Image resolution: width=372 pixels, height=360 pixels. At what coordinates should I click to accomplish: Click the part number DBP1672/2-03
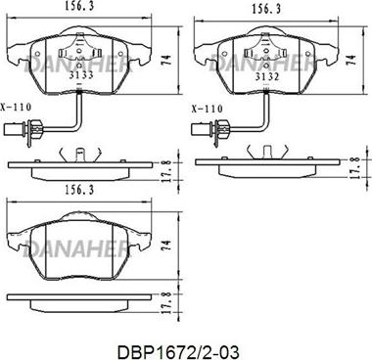[x=178, y=352]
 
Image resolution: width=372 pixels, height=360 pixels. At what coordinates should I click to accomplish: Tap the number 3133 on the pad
[x=81, y=75]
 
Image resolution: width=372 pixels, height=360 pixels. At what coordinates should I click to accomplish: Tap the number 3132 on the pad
[x=267, y=77]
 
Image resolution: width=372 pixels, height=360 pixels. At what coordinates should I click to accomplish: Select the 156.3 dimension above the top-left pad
[x=78, y=6]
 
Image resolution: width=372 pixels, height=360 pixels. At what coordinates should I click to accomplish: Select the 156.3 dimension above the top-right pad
[x=266, y=9]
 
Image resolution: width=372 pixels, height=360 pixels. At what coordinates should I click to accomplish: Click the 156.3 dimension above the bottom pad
[x=78, y=190]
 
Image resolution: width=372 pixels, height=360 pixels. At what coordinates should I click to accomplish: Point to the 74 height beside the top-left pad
[x=166, y=60]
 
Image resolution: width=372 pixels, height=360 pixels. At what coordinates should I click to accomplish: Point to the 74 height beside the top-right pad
[x=351, y=60]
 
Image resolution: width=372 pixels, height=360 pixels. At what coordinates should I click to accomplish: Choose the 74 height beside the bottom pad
[x=166, y=246]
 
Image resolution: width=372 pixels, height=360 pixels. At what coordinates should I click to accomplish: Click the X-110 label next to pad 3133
[x=16, y=107]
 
